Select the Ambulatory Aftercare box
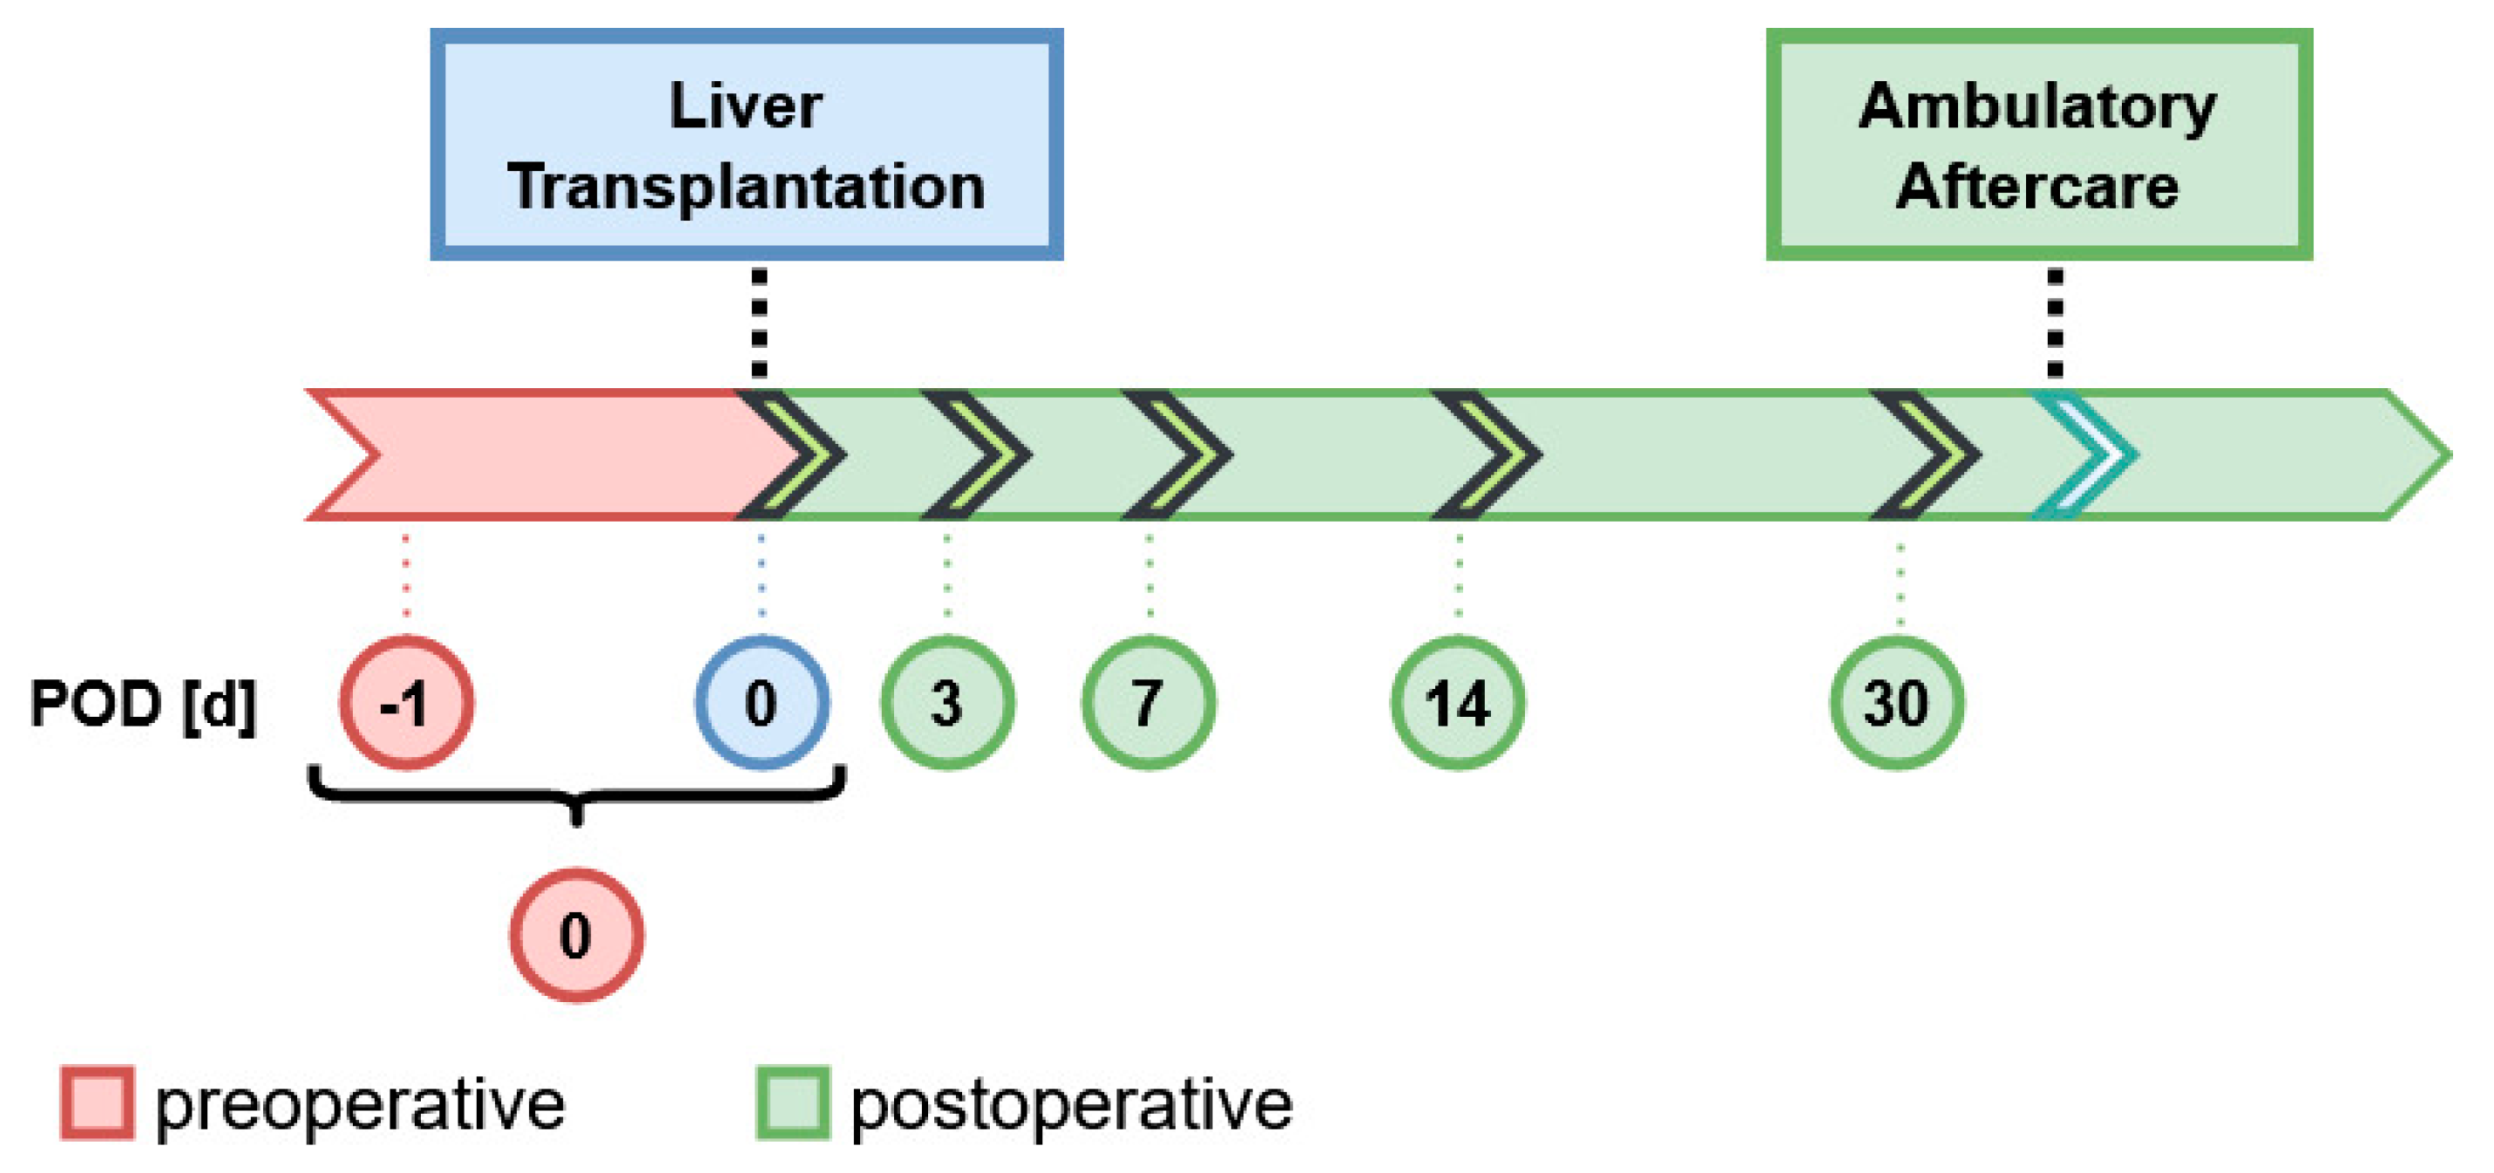[x=2038, y=144]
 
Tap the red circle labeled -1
[x=406, y=702]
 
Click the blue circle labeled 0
[x=761, y=702]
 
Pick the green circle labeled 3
[x=947, y=702]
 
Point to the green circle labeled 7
[x=1149, y=702]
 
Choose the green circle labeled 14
[x=1458, y=702]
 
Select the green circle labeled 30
[x=1896, y=702]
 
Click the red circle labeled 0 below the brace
[x=576, y=935]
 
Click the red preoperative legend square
[x=97, y=1103]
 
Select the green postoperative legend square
[x=792, y=1103]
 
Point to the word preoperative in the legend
[x=359, y=1104]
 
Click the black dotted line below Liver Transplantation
[x=760, y=324]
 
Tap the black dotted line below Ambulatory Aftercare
[x=2055, y=324]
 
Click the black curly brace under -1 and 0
[x=577, y=796]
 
